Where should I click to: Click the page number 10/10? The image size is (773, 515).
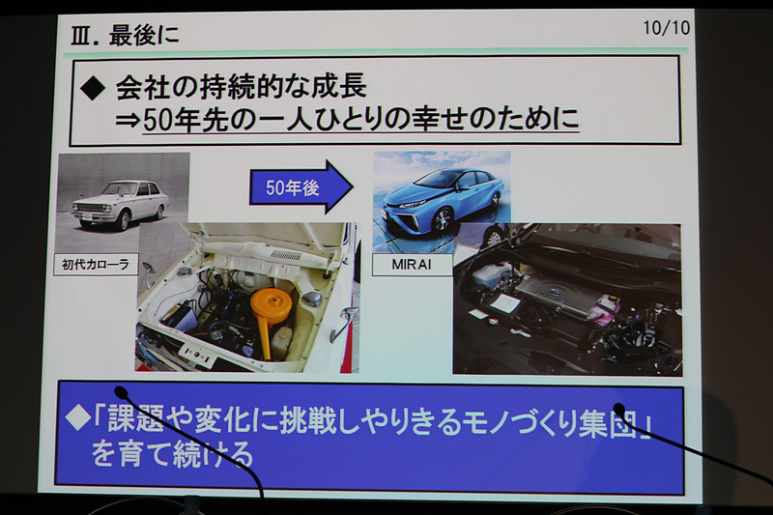666,27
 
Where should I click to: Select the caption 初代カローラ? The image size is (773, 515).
96,262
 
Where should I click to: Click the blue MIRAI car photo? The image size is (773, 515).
441,194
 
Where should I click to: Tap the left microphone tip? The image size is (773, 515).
121,392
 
